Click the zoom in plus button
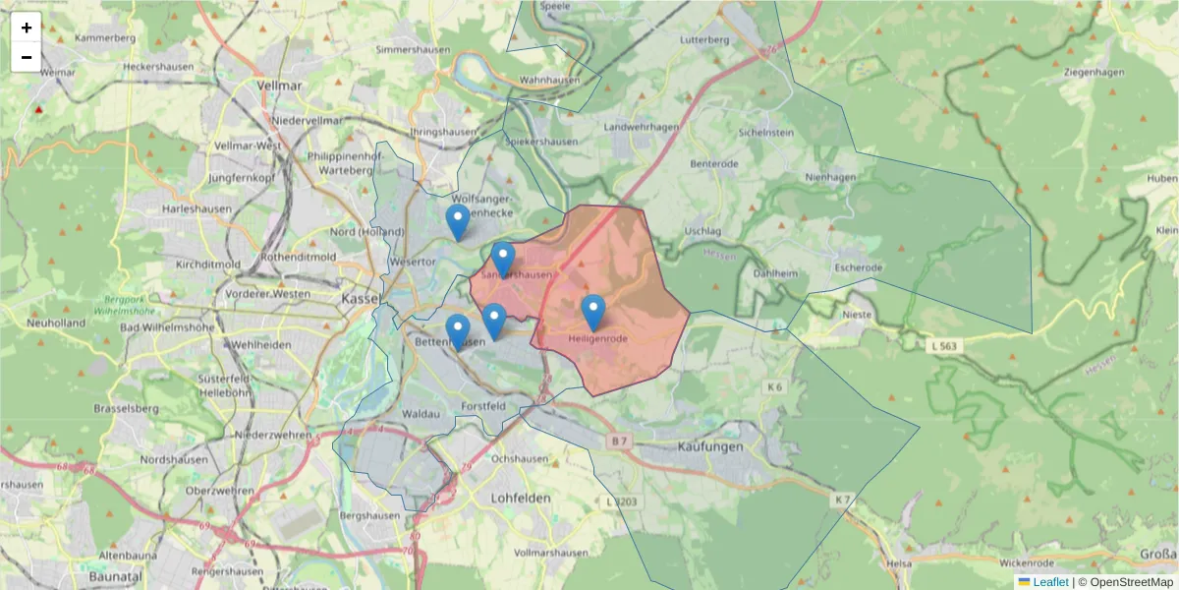coord(27,28)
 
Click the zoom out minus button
coord(27,57)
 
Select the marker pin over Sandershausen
coord(503,260)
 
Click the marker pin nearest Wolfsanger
coord(457,222)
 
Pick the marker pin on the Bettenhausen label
coord(457,331)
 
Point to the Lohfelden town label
coord(521,499)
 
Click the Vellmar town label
coord(279,86)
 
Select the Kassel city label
coord(361,297)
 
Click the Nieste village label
coord(857,315)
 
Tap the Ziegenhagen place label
coord(1085,73)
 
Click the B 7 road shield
coord(617,442)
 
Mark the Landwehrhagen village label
coord(642,127)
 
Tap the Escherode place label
coord(857,267)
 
